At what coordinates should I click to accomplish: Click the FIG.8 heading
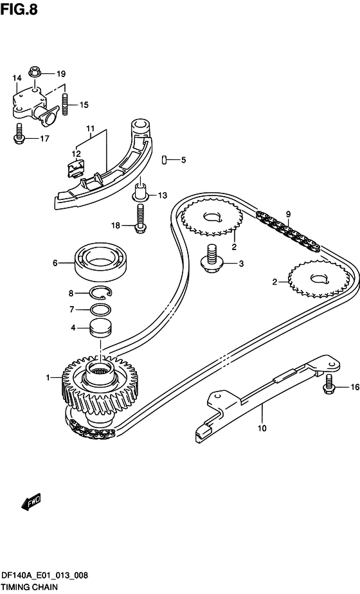tap(19, 9)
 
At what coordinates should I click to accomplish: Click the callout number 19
tap(61, 74)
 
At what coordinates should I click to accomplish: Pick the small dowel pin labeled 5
tap(165, 159)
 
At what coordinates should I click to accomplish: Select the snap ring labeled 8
tap(101, 292)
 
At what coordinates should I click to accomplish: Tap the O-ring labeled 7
tap(101, 310)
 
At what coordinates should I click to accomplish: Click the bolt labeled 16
tap(329, 384)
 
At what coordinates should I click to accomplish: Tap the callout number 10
tap(262, 428)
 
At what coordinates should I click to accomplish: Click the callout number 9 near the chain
tap(289, 215)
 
